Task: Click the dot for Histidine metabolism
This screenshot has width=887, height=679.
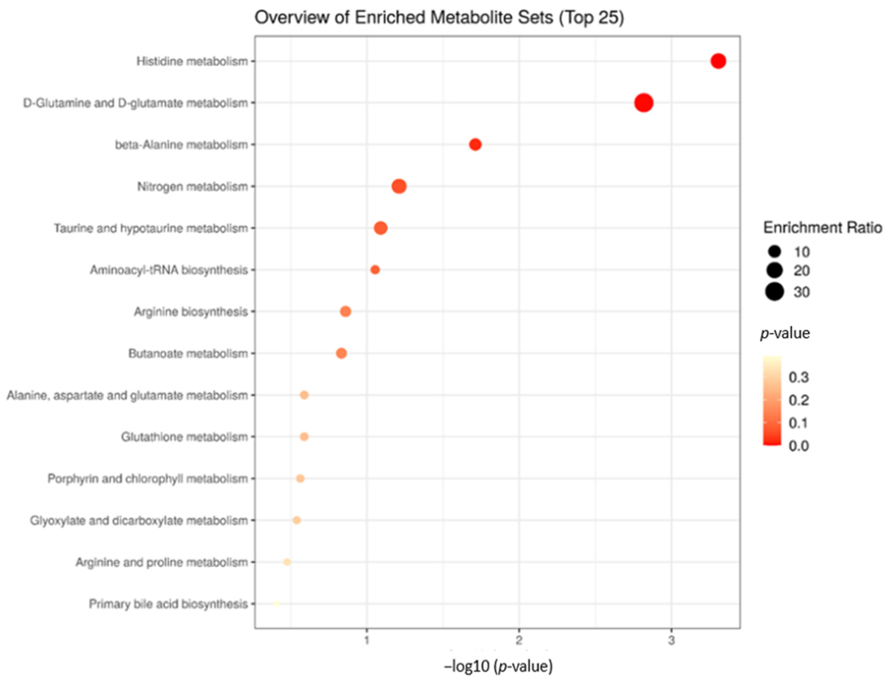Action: [718, 61]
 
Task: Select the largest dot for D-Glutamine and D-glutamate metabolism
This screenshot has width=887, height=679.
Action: [643, 103]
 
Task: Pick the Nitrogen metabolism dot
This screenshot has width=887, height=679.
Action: [399, 186]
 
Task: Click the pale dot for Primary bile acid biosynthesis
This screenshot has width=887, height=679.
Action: [276, 604]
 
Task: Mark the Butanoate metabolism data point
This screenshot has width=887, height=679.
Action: [341, 353]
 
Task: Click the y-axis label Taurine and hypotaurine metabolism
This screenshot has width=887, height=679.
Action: [151, 228]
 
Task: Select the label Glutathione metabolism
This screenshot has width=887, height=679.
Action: [184, 437]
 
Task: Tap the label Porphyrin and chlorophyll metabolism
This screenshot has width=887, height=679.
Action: [147, 479]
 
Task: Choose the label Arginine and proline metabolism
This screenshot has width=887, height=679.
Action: [162, 562]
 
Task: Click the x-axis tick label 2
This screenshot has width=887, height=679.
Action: [519, 640]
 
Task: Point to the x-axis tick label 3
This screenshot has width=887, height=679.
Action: [671, 640]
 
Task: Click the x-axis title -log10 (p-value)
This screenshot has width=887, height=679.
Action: [498, 666]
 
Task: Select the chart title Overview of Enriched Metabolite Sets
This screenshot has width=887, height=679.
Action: [439, 18]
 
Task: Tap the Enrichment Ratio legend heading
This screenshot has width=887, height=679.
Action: [822, 228]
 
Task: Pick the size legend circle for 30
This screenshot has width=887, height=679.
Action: [774, 292]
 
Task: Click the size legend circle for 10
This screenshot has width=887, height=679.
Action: [775, 252]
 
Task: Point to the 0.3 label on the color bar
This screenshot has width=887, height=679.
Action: [798, 377]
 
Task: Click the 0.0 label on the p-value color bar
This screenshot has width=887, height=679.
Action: [798, 446]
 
